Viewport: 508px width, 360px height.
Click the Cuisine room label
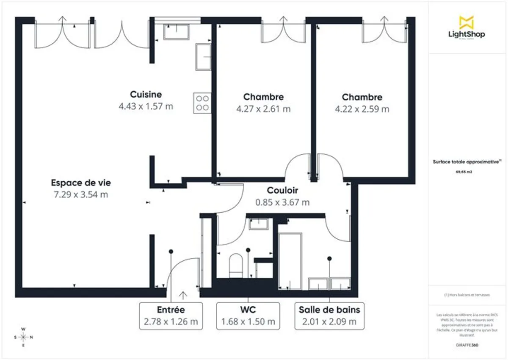[146, 94]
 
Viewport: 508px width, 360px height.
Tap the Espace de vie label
[81, 183]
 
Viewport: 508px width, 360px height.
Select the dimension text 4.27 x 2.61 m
[263, 109]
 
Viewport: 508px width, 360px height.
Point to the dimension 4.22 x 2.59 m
[362, 109]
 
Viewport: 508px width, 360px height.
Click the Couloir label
[282, 191]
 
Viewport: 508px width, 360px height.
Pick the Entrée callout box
[171, 316]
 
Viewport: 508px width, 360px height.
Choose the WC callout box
[248, 316]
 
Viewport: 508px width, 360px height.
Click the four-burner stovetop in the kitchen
[202, 103]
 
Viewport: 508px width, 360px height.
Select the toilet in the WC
[235, 265]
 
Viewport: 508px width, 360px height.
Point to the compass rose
[24, 337]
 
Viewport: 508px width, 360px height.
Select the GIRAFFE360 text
[467, 345]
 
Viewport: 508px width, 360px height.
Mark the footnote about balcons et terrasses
[467, 295]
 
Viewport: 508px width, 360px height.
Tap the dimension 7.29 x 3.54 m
[81, 195]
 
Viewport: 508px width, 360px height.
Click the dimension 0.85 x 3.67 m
[282, 202]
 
